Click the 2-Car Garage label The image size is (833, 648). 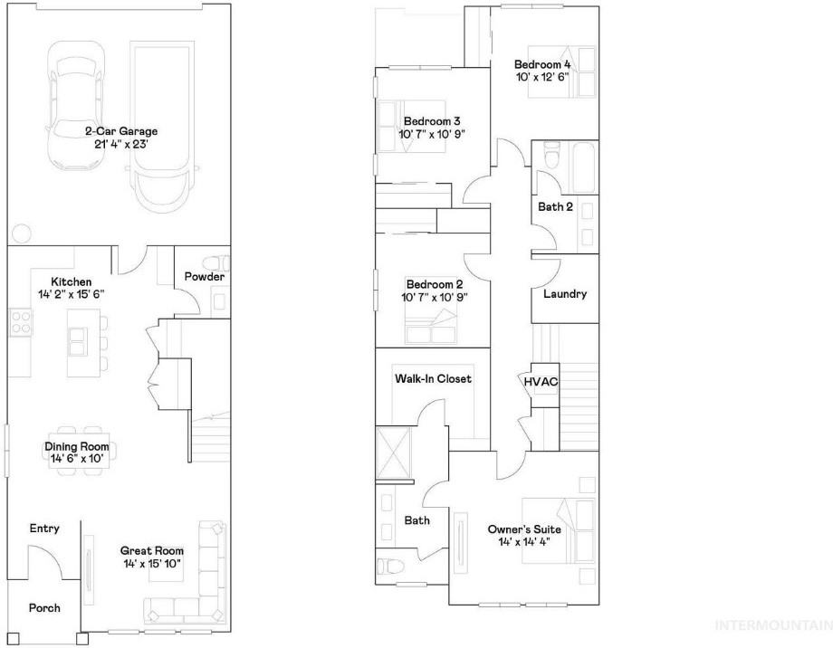point(121,131)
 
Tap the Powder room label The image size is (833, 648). point(205,277)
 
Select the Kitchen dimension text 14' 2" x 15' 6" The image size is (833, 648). point(72,294)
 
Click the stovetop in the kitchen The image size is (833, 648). point(21,322)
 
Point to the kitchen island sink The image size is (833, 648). point(78,341)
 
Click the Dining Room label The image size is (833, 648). point(76,447)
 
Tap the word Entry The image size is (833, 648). point(44,529)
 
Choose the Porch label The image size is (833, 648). point(44,608)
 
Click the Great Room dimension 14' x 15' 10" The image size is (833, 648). point(152,564)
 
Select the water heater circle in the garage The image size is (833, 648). point(21,233)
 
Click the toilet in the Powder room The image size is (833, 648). point(218,264)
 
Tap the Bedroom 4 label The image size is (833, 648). point(542,64)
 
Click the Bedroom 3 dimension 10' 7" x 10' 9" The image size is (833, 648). point(432,134)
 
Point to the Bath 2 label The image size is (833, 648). point(555,206)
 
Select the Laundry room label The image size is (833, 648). point(565,294)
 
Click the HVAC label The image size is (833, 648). point(541,382)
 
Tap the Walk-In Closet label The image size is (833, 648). point(433,378)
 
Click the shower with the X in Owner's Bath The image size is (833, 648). point(393,453)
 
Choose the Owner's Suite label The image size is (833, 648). point(524,529)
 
